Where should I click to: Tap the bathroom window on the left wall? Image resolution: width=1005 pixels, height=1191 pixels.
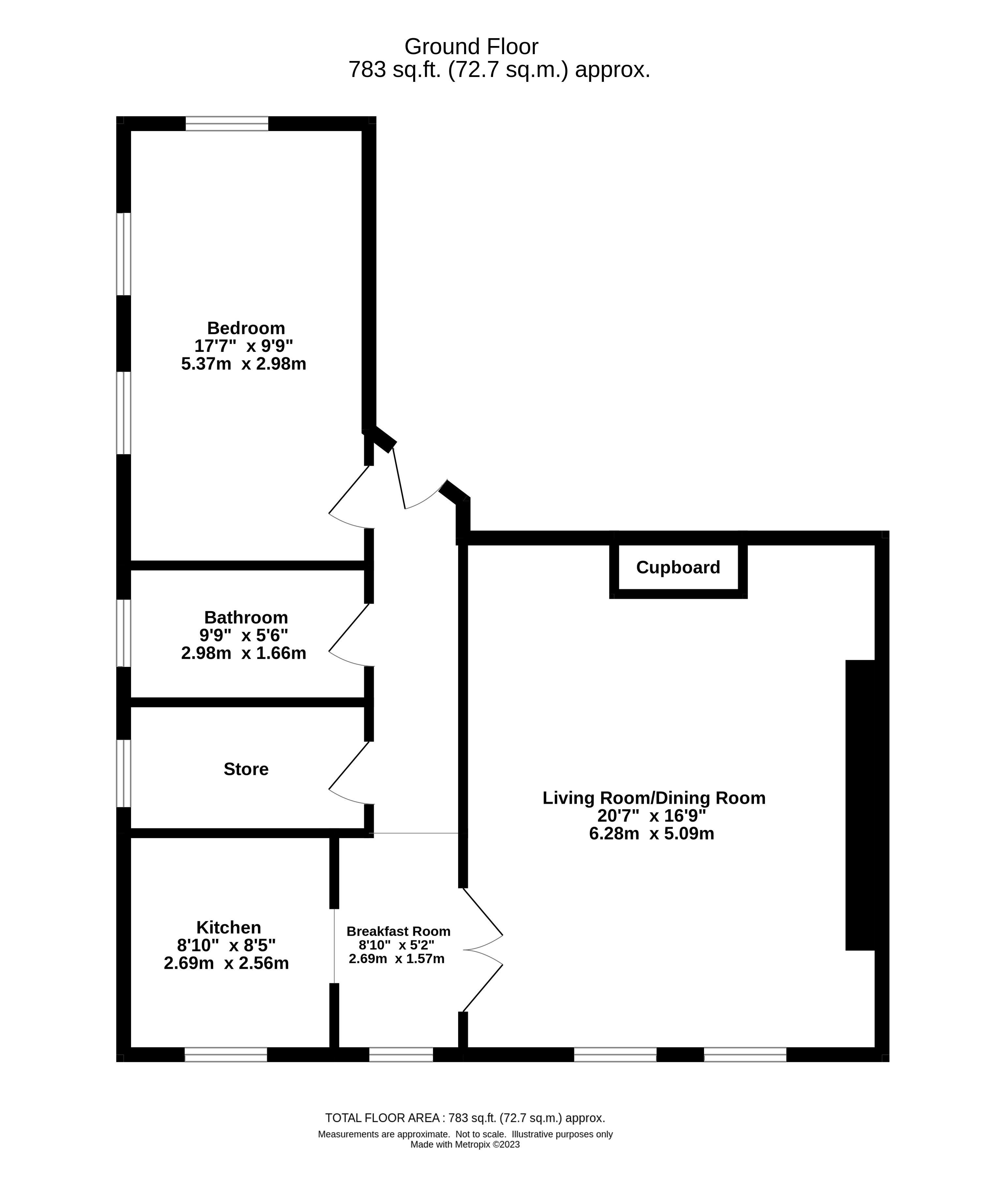[x=124, y=633]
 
